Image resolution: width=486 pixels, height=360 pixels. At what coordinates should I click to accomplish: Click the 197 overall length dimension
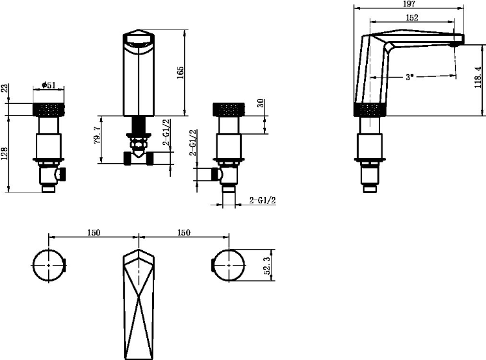[409, 4]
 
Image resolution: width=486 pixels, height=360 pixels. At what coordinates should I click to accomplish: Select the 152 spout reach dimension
[412, 18]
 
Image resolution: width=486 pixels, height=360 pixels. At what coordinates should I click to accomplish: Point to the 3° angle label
[410, 76]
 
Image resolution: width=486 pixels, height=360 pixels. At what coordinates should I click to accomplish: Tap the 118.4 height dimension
[478, 78]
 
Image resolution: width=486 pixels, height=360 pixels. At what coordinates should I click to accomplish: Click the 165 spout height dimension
[180, 72]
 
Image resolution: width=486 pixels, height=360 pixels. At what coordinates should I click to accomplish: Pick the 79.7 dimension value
[97, 135]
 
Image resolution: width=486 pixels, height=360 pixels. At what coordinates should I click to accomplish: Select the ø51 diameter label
[49, 85]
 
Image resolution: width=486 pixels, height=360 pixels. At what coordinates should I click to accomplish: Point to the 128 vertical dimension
[5, 153]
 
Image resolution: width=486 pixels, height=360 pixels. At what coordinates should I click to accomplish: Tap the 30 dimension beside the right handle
[261, 103]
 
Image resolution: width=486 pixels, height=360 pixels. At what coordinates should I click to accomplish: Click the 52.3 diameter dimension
[267, 266]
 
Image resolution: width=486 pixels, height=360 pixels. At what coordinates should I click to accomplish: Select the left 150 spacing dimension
[93, 232]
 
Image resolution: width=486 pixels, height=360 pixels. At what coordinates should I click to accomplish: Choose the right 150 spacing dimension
[184, 232]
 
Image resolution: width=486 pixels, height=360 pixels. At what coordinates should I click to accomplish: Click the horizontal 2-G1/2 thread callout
[263, 200]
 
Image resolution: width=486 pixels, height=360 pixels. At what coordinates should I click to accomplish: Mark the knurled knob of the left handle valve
[49, 109]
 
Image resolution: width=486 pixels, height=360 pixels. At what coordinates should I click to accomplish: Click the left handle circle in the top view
[49, 266]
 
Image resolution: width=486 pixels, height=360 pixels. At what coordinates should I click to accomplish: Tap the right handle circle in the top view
[229, 266]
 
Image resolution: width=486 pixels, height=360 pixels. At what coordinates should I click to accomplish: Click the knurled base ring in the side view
[370, 109]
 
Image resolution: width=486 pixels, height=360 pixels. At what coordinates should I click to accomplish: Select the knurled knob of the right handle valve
[229, 109]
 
